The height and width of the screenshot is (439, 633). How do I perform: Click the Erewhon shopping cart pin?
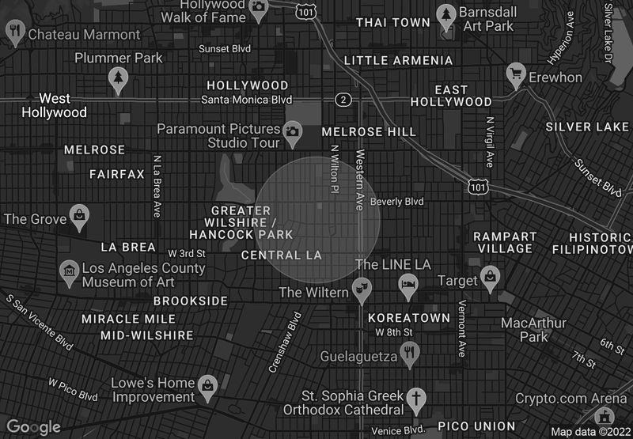click(517, 74)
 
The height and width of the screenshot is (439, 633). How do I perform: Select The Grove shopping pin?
click(80, 214)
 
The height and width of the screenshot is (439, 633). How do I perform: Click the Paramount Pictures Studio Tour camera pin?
click(293, 131)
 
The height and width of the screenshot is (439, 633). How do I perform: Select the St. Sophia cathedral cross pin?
click(417, 398)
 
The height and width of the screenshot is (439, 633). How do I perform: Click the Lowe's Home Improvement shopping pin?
click(207, 385)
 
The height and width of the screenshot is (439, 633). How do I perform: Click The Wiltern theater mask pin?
click(361, 290)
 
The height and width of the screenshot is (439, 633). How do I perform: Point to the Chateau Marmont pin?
click(14, 31)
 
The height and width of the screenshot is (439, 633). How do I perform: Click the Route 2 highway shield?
click(343, 100)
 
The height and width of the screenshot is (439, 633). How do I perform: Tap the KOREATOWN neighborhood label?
click(409, 317)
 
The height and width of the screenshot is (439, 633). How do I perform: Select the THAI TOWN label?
click(393, 22)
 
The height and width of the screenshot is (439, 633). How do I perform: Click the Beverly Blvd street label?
click(396, 202)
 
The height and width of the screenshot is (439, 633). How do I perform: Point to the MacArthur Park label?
click(534, 330)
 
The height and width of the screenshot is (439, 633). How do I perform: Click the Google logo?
click(34, 427)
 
